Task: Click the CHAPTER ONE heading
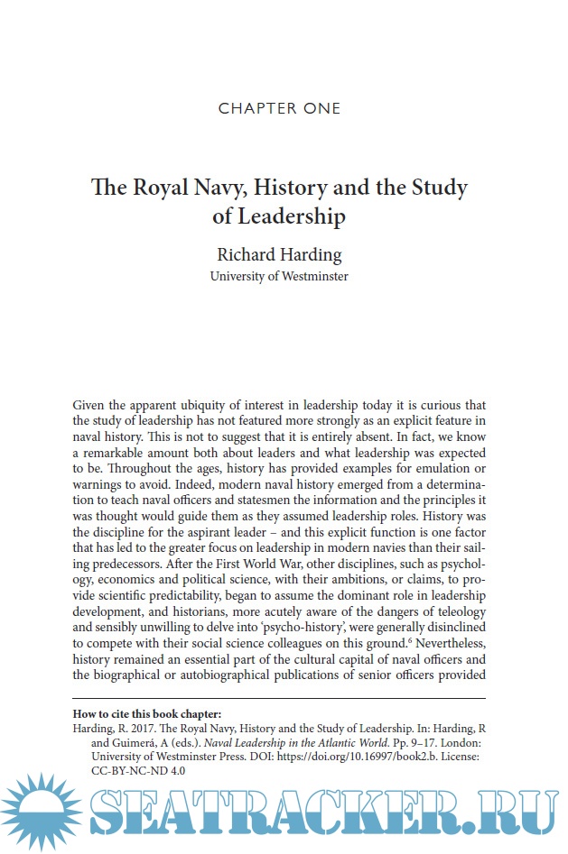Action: pos(280,109)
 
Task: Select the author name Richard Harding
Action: pos(279,254)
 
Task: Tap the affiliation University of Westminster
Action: pos(279,276)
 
